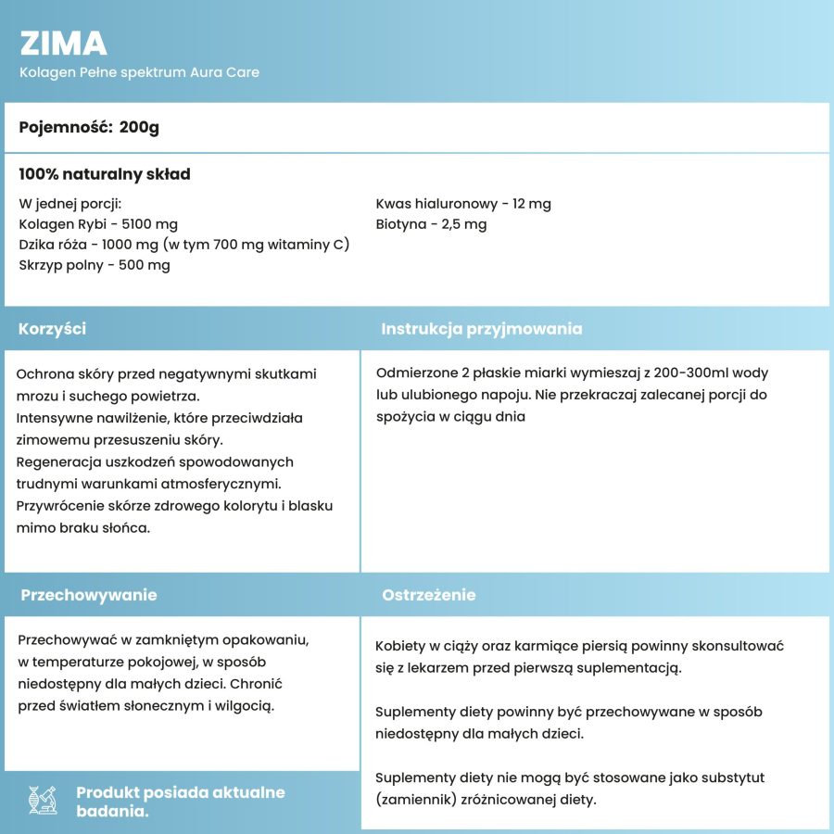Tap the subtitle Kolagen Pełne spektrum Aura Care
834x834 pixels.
(139, 72)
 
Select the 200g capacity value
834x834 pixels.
(139, 127)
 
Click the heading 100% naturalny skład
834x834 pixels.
(105, 174)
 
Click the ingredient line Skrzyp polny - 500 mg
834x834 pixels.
(95, 265)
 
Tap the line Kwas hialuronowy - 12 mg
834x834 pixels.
(463, 204)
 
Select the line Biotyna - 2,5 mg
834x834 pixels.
(431, 224)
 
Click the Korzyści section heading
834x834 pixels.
(52, 329)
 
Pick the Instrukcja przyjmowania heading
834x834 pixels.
(482, 329)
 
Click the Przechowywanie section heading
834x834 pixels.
(89, 595)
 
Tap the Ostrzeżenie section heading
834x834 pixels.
(429, 595)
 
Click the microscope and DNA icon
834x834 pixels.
(44, 800)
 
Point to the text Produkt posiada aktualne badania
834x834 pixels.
(180, 802)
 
